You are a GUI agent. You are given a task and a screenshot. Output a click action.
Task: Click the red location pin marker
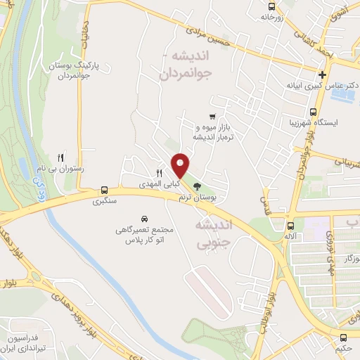pos(181,165)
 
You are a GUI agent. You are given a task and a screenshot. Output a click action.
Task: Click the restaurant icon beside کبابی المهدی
pos(159,173)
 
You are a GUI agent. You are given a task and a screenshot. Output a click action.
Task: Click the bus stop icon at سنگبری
pos(104,190)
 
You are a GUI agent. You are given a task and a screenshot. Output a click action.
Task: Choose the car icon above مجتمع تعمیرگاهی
pos(144,218)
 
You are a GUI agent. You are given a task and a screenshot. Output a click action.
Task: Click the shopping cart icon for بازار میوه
pos(212,116)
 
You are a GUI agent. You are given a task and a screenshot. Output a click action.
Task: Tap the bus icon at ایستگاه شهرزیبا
pos(313,110)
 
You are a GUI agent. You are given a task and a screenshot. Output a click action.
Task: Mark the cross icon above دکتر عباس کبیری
pos(322,75)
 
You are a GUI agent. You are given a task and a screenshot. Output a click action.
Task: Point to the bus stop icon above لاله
pos(290,226)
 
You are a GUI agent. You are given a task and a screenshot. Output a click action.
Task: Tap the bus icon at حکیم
pos(342,337)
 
